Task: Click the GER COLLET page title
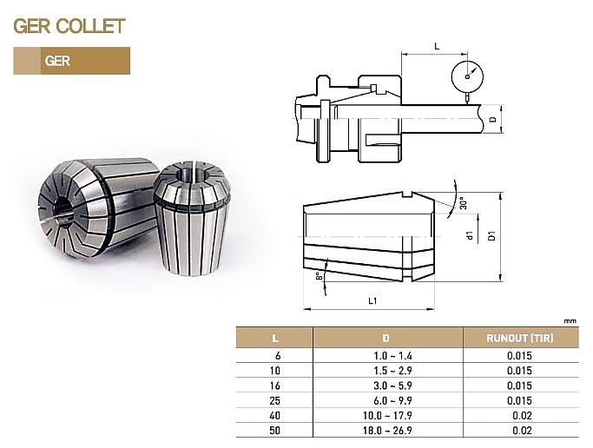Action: click(69, 26)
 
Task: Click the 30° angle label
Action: click(464, 202)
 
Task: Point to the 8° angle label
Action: click(320, 275)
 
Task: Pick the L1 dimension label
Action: click(372, 301)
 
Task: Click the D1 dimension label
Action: click(491, 235)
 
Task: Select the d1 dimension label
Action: click(470, 235)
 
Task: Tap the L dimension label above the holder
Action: click(437, 47)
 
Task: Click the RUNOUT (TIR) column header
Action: click(519, 338)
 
